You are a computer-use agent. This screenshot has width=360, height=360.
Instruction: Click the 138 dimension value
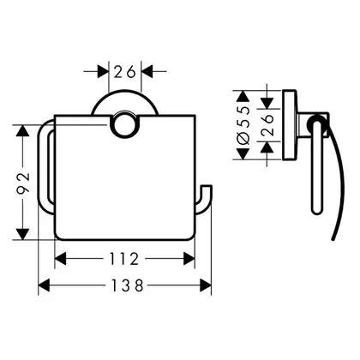click(127, 285)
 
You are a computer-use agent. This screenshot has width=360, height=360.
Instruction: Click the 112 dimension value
click(124, 259)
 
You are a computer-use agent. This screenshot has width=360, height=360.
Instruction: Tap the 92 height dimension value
click(23, 183)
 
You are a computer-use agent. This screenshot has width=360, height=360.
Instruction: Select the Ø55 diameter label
click(243, 124)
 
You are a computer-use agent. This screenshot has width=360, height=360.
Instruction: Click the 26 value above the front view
click(125, 71)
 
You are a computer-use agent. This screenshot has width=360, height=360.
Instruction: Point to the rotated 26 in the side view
click(267, 125)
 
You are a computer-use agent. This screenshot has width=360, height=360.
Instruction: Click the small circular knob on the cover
click(124, 125)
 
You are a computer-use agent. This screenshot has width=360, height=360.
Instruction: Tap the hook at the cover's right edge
click(203, 200)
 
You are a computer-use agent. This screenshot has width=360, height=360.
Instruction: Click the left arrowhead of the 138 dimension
click(44, 285)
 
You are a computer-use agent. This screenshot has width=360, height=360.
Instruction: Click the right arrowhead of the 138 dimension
click(206, 285)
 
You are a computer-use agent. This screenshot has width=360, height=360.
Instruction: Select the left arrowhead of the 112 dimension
click(60, 259)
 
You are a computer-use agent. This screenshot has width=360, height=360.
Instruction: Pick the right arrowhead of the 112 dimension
click(189, 259)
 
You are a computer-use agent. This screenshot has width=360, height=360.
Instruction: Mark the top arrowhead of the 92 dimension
click(23, 131)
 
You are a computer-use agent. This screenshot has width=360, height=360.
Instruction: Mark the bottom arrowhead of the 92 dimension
click(23, 234)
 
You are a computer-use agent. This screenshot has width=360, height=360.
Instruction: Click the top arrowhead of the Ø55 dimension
click(243, 96)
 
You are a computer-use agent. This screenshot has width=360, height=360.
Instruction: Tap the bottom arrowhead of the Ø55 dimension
click(243, 153)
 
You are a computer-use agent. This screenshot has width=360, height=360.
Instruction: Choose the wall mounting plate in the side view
click(290, 125)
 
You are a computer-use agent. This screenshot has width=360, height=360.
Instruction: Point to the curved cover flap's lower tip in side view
click(333, 239)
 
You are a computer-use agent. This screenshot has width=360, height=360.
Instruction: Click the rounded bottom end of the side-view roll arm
click(316, 212)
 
